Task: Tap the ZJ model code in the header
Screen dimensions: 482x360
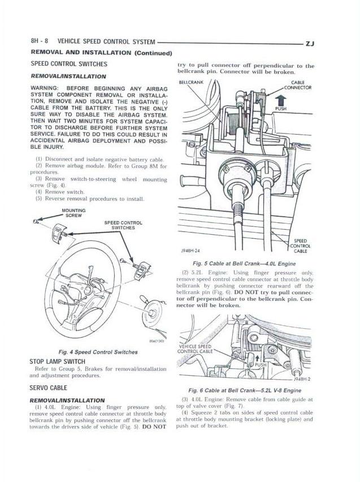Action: [310, 42]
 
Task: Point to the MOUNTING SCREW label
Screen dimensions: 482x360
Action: [75, 213]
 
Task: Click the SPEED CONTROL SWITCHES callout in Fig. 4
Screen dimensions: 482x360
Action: [123, 225]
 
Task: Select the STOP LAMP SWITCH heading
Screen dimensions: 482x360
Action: [57, 361]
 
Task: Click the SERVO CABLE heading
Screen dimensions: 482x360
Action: [48, 389]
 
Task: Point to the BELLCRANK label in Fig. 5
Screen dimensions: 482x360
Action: [190, 83]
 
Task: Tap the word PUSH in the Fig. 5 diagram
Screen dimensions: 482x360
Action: [281, 109]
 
